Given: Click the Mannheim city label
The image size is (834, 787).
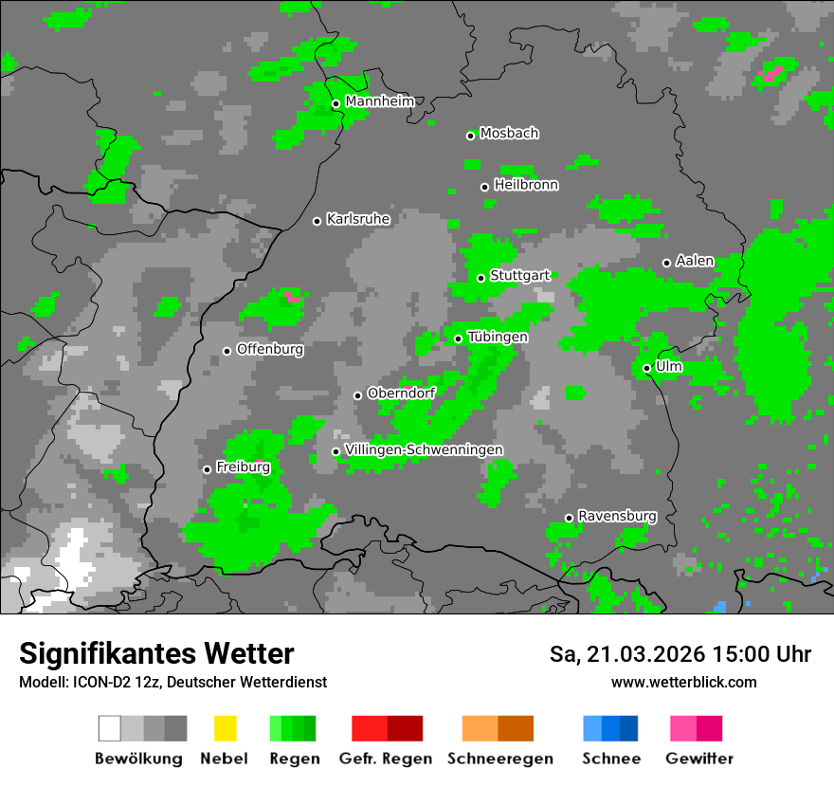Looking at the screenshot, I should [x=379, y=101].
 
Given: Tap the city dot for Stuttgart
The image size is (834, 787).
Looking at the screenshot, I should [x=481, y=278].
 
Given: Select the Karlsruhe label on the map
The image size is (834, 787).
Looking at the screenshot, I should [x=357, y=219].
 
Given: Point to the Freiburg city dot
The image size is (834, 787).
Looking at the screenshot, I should [x=208, y=469].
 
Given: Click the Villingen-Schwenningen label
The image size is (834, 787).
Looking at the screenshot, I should [x=424, y=449].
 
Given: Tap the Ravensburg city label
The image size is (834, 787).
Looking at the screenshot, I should [x=617, y=516].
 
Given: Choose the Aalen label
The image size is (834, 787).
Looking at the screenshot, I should [x=695, y=261].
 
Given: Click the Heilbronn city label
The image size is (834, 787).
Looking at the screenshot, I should [x=526, y=185].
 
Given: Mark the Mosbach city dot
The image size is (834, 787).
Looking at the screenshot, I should [x=470, y=136].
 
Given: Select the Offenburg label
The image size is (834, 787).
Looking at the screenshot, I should [x=269, y=349].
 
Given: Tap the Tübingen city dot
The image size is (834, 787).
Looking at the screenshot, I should [x=459, y=339].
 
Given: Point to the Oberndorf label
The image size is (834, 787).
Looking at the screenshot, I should [x=401, y=393].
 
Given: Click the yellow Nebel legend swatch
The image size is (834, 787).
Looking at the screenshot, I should [x=225, y=728].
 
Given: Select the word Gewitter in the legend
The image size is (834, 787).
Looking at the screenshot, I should [x=699, y=759].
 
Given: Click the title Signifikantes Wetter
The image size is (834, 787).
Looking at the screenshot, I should [x=156, y=653].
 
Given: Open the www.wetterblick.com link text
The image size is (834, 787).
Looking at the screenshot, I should [x=683, y=682].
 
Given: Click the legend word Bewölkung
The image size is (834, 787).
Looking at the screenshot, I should [x=138, y=759].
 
